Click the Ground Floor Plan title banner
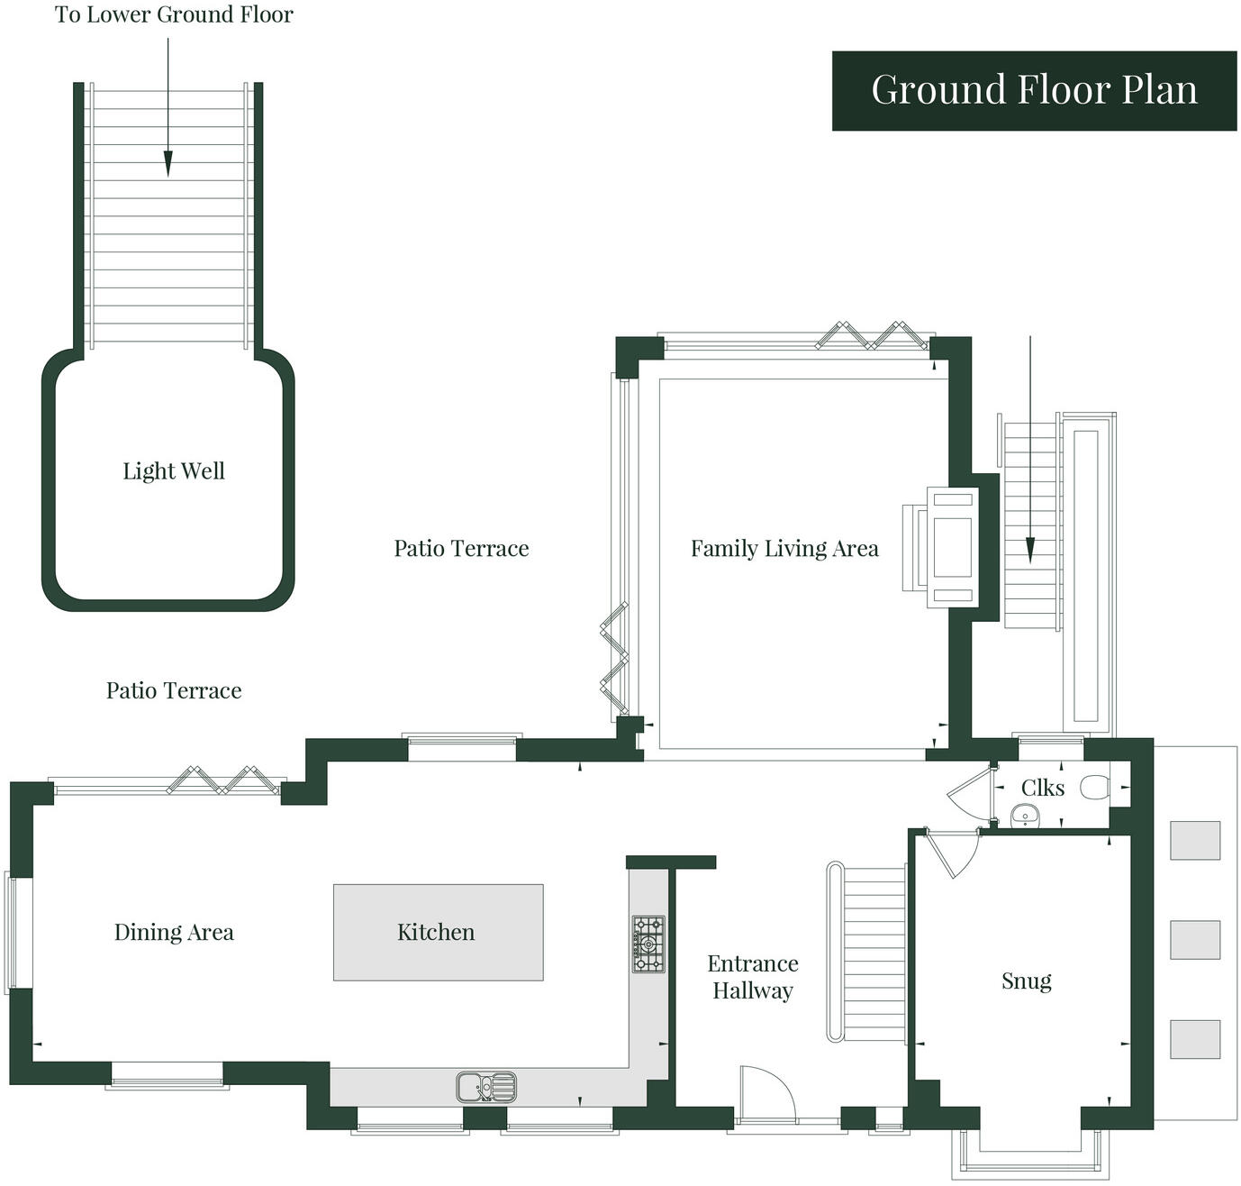click(x=1034, y=91)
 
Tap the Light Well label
click(x=174, y=471)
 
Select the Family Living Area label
click(x=784, y=549)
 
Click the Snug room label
click(x=1026, y=981)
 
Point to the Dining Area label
click(x=174, y=932)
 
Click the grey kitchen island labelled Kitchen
click(x=438, y=932)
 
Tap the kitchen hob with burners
click(x=648, y=944)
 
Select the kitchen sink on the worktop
click(x=486, y=1087)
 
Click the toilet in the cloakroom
click(x=1094, y=788)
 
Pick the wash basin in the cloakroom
click(x=1025, y=817)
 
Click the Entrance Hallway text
click(x=753, y=977)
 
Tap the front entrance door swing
click(x=765, y=1093)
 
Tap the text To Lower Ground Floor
click(x=174, y=15)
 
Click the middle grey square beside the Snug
click(x=1194, y=940)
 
